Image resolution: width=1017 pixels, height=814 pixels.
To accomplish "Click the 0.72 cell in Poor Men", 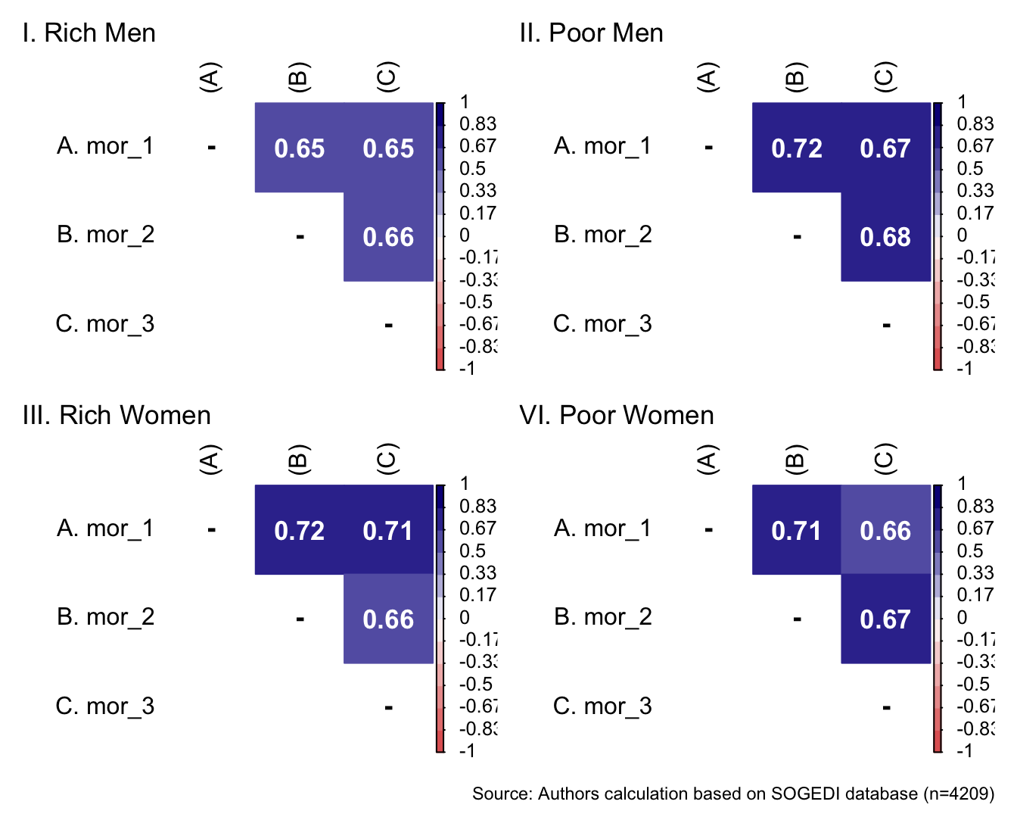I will pyautogui.click(x=796, y=148).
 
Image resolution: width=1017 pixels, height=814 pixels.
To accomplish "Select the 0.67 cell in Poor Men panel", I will pyautogui.click(x=885, y=148).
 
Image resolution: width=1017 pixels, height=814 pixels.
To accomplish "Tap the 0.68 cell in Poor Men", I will pyautogui.click(x=885, y=237).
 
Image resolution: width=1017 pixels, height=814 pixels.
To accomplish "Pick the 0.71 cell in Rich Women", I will pyautogui.click(x=388, y=530).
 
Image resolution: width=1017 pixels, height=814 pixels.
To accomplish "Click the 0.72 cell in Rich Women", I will pyautogui.click(x=300, y=530).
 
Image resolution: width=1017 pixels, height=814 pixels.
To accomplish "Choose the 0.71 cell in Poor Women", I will pyautogui.click(x=796, y=530).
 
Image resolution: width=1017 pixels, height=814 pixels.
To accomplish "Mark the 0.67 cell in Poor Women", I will pyautogui.click(x=885, y=619).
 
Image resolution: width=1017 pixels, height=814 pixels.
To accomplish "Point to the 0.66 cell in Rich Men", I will pyautogui.click(x=388, y=237).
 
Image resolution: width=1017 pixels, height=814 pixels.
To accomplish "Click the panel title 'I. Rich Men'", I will pyautogui.click(x=89, y=33).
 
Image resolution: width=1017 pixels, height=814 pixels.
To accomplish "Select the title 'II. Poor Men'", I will pyautogui.click(x=591, y=33).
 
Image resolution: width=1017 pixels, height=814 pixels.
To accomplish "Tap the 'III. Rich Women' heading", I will pyautogui.click(x=117, y=416).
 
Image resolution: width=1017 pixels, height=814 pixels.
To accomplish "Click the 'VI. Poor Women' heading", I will pyautogui.click(x=617, y=416).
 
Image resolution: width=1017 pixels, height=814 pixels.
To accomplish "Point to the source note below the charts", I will pyautogui.click(x=732, y=794).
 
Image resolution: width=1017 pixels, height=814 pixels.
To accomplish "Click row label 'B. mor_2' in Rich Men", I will pyautogui.click(x=105, y=235).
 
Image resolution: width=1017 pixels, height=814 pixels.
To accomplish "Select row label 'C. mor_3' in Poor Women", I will pyautogui.click(x=602, y=706).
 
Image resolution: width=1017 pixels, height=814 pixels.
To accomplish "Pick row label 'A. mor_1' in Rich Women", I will pyautogui.click(x=105, y=528).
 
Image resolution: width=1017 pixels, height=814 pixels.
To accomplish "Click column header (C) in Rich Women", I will pyautogui.click(x=388, y=460).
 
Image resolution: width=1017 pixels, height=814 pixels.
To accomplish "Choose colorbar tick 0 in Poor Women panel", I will pyautogui.click(x=962, y=617).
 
